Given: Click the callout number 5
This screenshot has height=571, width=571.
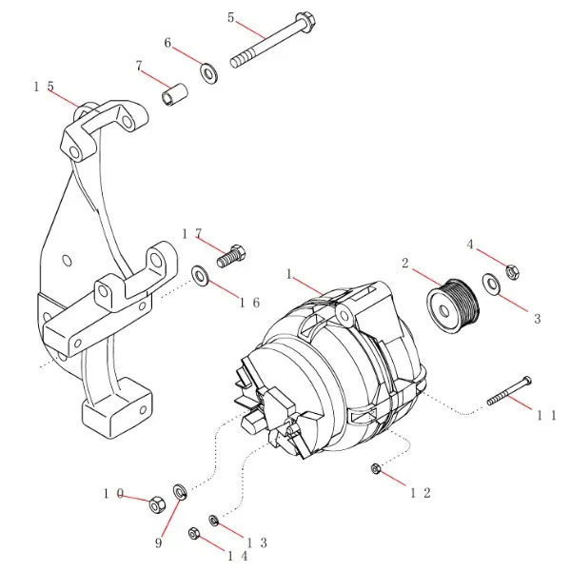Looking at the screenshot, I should (230, 17).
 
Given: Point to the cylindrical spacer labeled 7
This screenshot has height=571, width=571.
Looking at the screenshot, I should (175, 96).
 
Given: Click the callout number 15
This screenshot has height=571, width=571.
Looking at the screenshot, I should (44, 87).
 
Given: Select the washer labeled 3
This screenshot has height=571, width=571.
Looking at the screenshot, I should (491, 283).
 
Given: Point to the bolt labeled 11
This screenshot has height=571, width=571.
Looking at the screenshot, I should (509, 391).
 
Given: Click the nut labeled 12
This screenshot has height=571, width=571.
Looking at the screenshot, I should (376, 468).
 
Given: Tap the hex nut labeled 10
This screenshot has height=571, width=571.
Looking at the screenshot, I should (156, 503).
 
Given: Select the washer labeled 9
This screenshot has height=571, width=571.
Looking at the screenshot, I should (178, 492).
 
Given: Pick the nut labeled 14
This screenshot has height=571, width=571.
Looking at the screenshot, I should (194, 534).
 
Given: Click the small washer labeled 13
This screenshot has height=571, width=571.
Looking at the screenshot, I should (215, 520).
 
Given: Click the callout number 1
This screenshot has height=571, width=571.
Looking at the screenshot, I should (288, 273).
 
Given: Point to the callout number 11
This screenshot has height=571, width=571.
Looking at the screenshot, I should (546, 414).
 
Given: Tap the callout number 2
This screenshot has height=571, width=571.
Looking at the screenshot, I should (404, 264).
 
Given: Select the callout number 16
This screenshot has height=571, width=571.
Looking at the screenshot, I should (249, 303).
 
